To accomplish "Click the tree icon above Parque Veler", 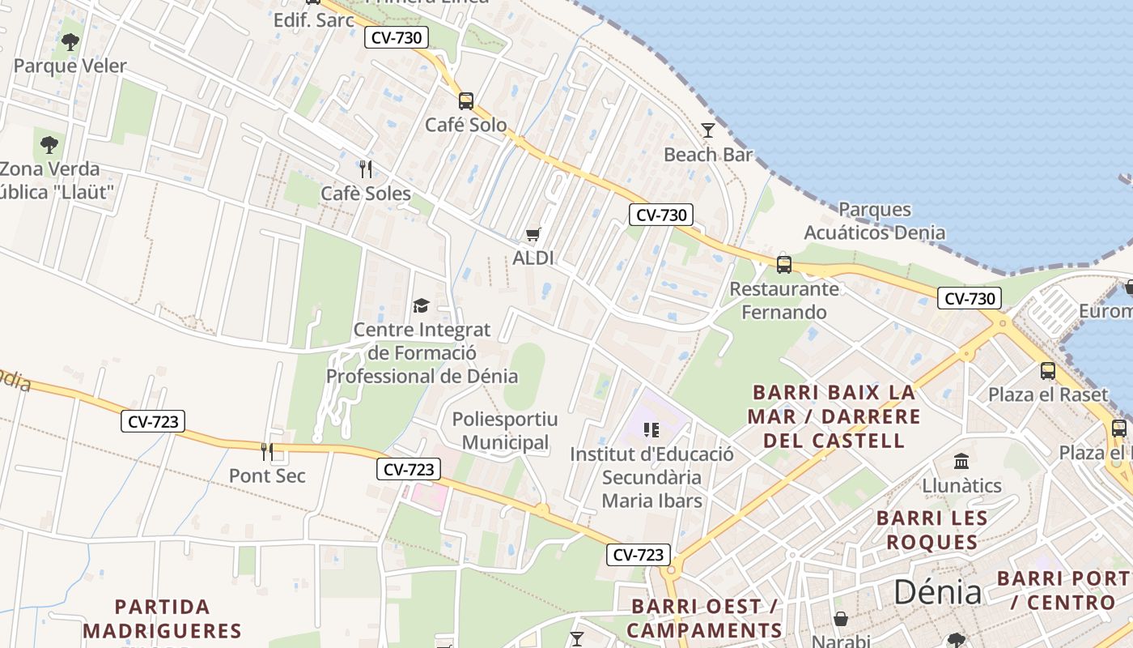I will point(70,41).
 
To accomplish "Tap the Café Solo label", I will point(466,125).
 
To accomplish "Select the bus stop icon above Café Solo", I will point(466,101).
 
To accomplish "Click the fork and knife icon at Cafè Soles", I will point(366,168).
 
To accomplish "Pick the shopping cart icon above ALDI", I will point(533,235).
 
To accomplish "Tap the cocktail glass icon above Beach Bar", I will point(708,130).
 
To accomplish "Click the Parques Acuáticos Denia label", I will point(874,221).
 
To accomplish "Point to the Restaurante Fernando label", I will point(784,301).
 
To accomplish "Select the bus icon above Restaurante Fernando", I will point(784,265).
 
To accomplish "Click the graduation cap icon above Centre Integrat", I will point(422,305).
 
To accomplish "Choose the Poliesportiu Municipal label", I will point(505,431).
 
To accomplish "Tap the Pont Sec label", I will point(267,475).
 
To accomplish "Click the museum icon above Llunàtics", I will point(962,461).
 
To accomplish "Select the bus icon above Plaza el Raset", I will point(1048,371).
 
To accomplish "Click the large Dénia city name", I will point(937,592).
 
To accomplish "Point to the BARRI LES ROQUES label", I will point(931,530).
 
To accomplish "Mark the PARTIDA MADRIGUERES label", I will point(162,618).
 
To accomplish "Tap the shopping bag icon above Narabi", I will point(841,620).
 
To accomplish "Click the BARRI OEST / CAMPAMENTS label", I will point(704,618).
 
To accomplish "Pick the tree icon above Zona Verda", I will point(49,145).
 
